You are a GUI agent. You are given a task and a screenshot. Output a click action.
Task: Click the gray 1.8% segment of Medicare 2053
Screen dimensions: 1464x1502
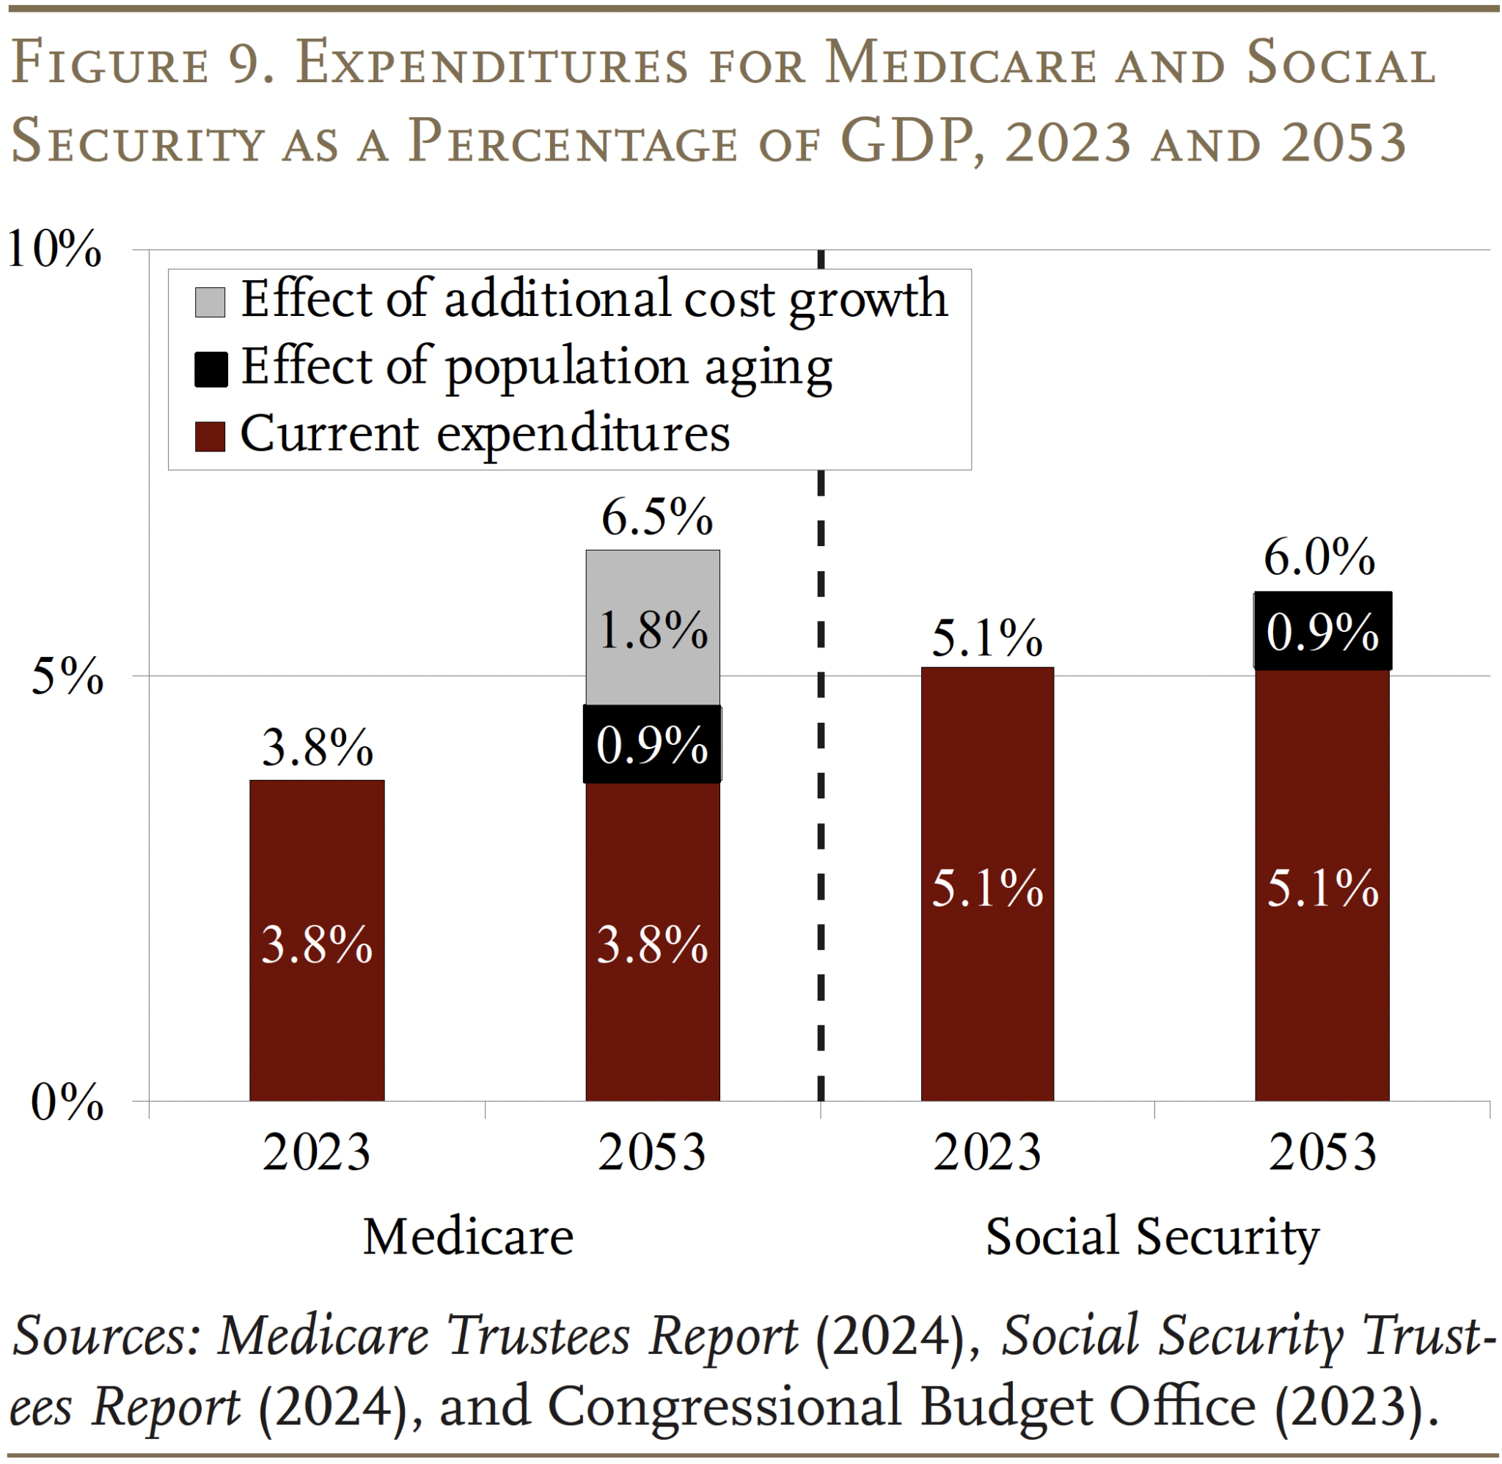[652, 628]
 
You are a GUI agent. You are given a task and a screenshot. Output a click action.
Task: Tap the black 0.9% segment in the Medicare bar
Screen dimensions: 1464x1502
[652, 743]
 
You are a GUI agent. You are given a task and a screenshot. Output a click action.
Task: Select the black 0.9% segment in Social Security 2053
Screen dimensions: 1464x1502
[1322, 630]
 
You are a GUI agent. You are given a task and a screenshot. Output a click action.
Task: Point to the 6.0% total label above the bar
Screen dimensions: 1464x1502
[1318, 556]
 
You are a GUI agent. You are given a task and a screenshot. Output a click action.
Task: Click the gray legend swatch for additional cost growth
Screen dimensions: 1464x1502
[210, 301]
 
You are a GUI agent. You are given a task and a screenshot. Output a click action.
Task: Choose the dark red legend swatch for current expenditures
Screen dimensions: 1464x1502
[210, 436]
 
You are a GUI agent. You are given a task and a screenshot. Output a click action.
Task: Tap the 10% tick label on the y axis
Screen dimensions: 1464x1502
[54, 249]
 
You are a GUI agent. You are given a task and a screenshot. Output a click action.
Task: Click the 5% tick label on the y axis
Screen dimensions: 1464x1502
[67, 677]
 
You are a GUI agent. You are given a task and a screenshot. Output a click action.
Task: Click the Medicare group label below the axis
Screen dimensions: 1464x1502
[468, 1237]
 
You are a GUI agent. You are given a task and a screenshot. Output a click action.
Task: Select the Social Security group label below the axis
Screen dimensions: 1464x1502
[1151, 1237]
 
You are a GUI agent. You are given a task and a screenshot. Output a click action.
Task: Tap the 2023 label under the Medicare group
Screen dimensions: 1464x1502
[316, 1152]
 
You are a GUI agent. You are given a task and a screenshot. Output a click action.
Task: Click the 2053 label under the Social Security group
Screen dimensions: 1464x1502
[1322, 1152]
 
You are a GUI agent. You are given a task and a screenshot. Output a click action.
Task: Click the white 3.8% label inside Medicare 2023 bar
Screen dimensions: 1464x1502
[317, 944]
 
